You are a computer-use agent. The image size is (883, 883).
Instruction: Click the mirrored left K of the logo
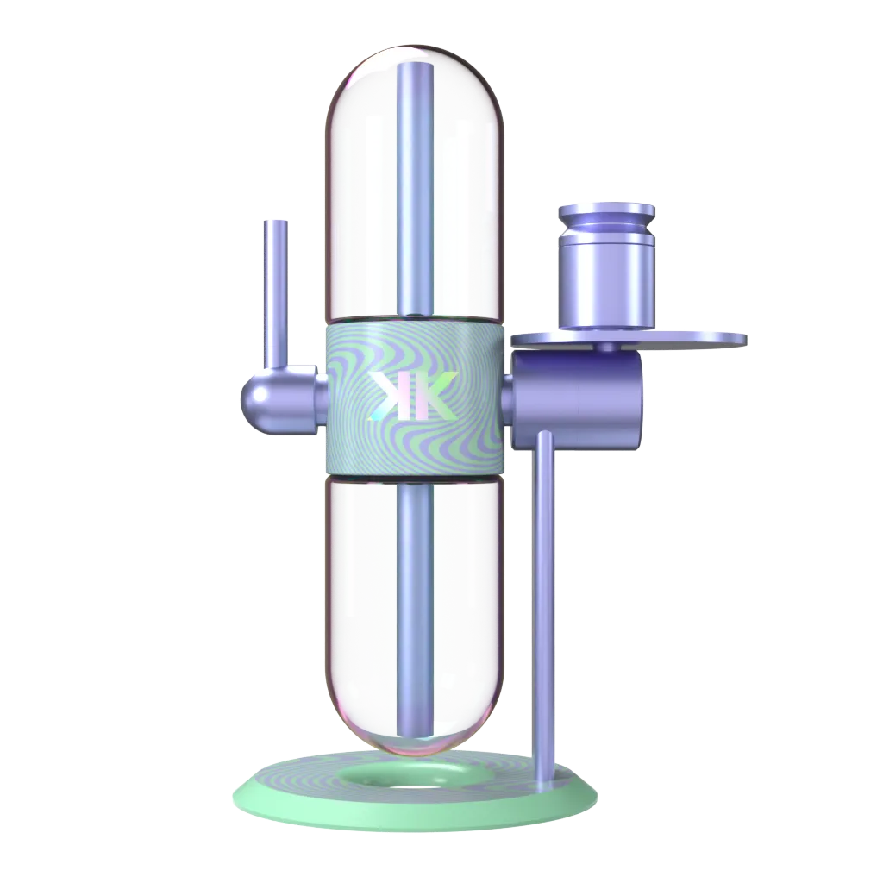click(x=386, y=396)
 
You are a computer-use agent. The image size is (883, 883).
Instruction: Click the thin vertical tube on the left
click(x=276, y=293)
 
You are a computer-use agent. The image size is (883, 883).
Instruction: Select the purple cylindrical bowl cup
click(x=606, y=285)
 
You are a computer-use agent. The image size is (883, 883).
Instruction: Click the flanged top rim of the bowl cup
click(x=606, y=211)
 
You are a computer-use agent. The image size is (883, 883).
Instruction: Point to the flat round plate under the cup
click(x=690, y=340)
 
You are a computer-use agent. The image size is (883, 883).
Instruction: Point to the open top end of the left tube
click(x=276, y=222)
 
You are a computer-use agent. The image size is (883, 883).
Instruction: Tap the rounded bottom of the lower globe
click(x=414, y=742)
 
